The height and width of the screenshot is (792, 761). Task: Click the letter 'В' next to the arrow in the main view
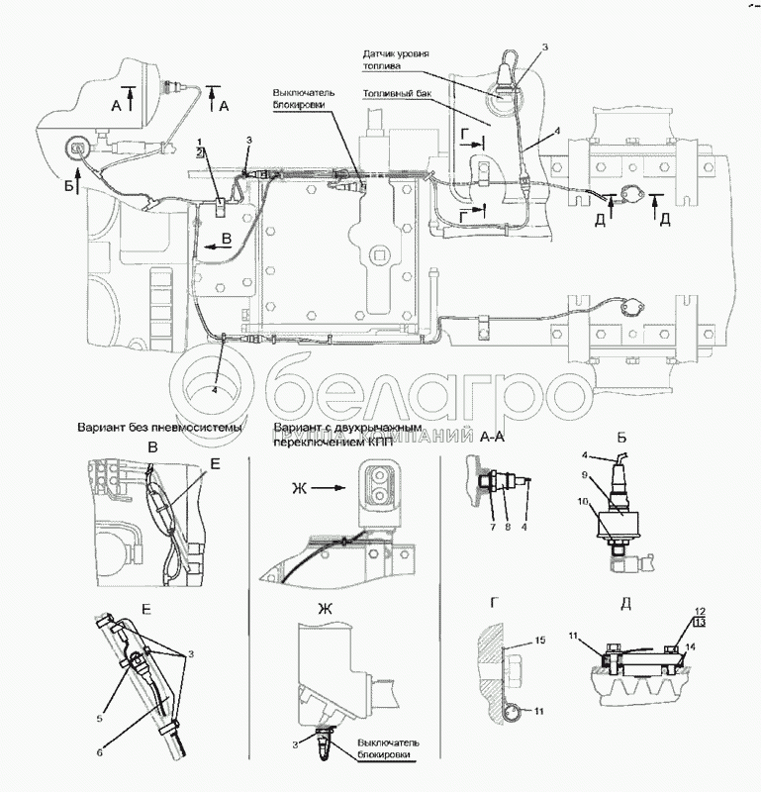[227, 237]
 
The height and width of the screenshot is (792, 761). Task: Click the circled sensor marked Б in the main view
[72, 149]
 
